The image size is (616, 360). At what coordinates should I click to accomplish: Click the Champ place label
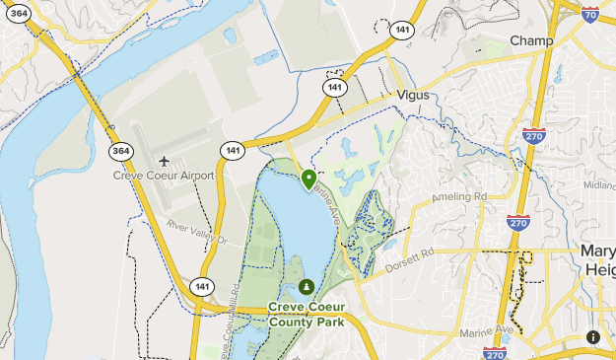[x=531, y=40]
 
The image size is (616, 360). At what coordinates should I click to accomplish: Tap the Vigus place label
[x=414, y=96]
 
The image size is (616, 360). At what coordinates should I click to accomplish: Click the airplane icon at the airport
[x=164, y=160]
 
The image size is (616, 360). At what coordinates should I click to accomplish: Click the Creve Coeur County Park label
[x=307, y=313]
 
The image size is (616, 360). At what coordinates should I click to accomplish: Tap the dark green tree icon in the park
[x=307, y=287]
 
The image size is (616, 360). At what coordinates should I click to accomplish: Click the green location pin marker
[x=308, y=180]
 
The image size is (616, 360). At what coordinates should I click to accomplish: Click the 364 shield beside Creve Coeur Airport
[x=120, y=150]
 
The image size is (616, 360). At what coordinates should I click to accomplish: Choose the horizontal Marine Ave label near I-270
[x=491, y=328]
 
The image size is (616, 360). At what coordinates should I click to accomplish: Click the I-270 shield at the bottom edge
[x=495, y=354]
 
